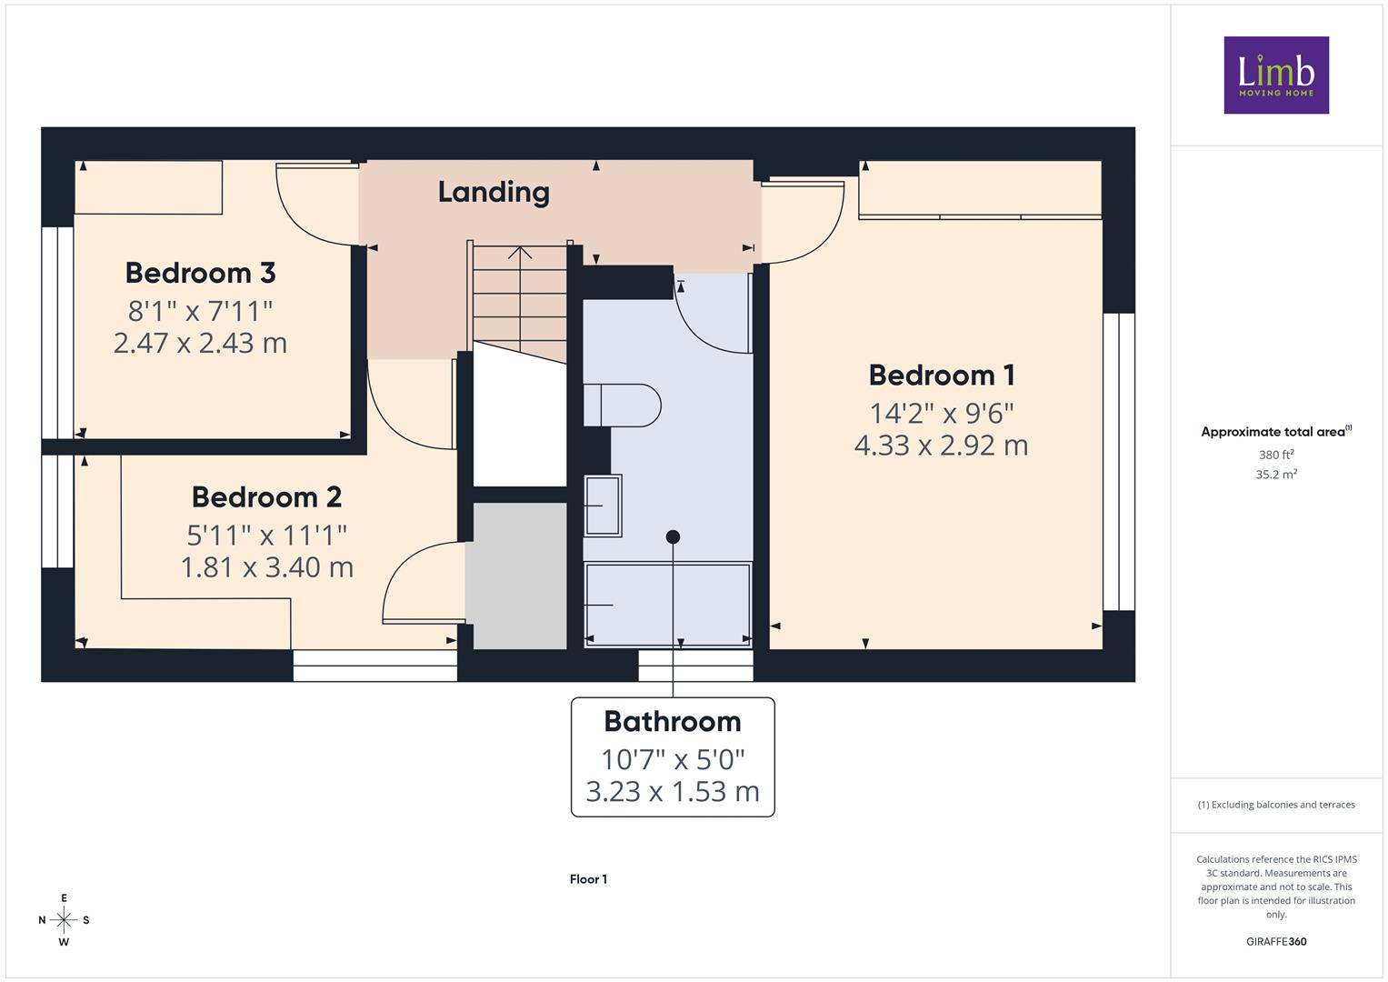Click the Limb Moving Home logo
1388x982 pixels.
tap(1276, 75)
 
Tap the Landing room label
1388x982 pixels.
tap(494, 193)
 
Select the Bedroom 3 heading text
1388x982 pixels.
tap(200, 273)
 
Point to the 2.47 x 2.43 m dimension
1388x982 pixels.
tap(200, 343)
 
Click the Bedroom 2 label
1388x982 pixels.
tap(266, 496)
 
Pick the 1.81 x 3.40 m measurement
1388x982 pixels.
tap(267, 567)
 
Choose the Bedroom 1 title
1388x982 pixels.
tap(941, 375)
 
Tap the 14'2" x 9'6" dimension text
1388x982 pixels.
tap(941, 413)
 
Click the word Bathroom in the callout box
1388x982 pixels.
tap(673, 721)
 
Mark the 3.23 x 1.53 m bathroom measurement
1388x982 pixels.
tap(673, 792)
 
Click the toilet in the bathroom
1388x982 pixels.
tap(622, 406)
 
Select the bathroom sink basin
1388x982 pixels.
tap(603, 506)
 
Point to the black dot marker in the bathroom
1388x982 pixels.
tap(673, 536)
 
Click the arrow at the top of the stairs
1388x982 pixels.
tap(520, 254)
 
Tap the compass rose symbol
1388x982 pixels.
tap(64, 920)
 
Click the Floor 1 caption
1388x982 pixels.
tap(588, 879)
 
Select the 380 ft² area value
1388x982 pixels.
tap(1276, 455)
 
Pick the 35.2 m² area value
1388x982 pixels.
tap(1276, 475)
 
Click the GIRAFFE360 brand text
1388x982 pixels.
tap(1276, 941)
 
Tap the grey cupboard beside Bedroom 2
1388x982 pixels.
tap(516, 576)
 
